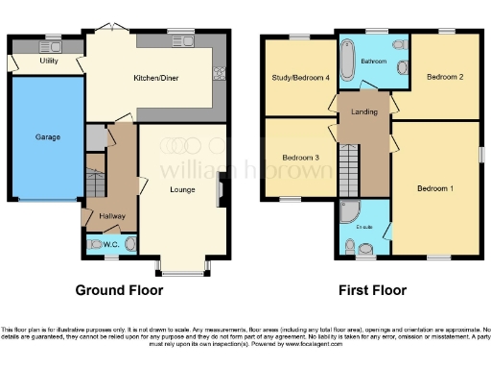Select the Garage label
48,137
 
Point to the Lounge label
183,188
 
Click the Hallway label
112,215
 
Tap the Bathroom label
372,61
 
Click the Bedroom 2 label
446,77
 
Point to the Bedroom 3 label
300,157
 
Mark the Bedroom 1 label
435,188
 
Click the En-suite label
364,227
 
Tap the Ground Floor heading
119,289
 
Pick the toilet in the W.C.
95,244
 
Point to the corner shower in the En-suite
347,211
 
